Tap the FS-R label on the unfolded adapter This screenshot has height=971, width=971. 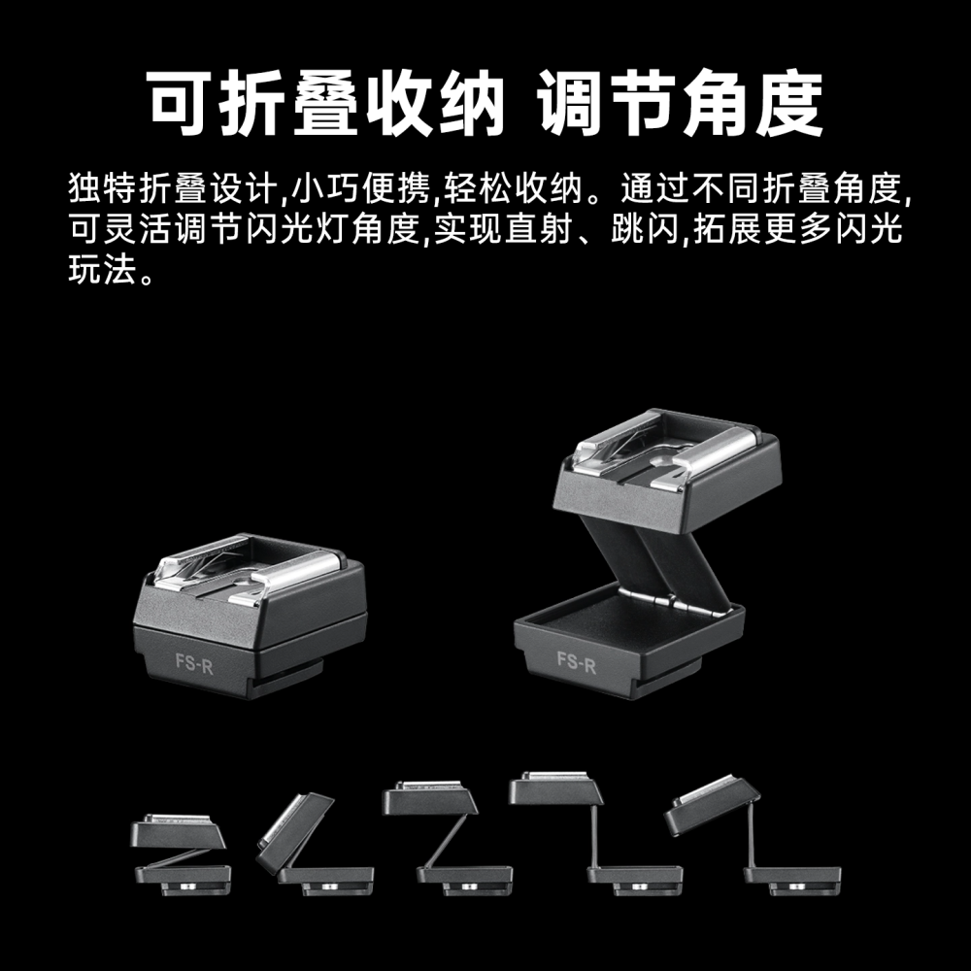576,661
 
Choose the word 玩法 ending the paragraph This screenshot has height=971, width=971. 98,272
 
